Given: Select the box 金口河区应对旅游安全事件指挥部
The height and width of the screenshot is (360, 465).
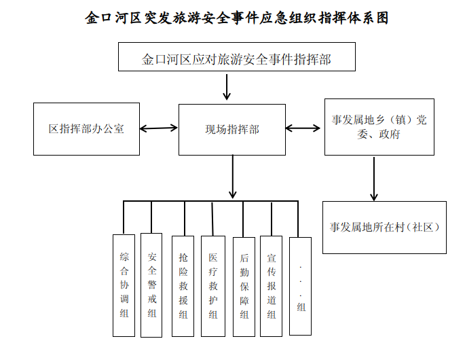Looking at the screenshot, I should point(236,58).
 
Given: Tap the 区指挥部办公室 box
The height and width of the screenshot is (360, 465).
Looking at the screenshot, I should point(86,128).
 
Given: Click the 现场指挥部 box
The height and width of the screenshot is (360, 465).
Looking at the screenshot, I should point(232,128).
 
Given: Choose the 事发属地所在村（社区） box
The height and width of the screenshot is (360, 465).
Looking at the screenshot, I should point(384,227).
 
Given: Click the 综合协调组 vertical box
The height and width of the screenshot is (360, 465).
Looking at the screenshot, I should point(124,285).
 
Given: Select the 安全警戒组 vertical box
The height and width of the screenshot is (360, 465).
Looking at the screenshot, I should point(151,285).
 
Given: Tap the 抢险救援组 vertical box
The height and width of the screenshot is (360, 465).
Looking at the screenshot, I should point(183,285).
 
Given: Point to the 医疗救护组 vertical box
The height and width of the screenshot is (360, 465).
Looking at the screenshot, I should point(212,285).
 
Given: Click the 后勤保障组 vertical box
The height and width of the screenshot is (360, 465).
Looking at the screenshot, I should point(244,286).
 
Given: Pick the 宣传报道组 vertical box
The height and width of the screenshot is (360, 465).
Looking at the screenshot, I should point(271,285).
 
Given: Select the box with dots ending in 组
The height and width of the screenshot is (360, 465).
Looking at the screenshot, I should point(300,285).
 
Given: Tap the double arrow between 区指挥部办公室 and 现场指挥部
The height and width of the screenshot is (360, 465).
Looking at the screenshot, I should point(159,127).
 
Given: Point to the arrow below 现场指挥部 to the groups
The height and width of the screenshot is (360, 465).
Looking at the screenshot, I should point(233,177).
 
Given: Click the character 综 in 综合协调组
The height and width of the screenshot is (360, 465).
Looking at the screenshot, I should point(124,257).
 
